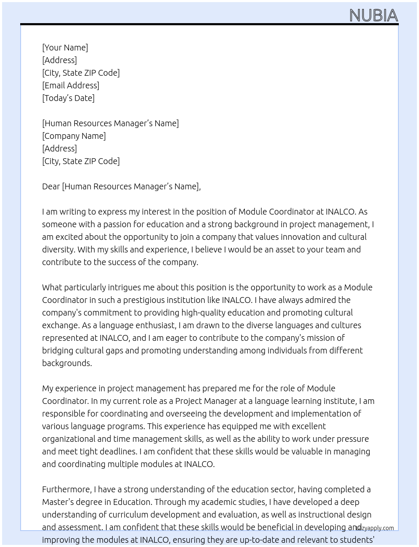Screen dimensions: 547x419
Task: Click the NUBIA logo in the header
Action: (x=373, y=16)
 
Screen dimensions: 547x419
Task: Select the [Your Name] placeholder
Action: (x=65, y=48)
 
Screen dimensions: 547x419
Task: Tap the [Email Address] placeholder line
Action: (x=71, y=85)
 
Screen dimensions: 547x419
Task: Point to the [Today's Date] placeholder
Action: (x=68, y=98)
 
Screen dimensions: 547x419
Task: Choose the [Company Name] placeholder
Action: (x=74, y=136)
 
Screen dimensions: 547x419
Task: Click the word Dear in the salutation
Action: (x=51, y=186)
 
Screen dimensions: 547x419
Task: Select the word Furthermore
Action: (x=66, y=489)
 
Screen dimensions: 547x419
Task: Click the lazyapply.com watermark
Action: (x=375, y=528)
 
